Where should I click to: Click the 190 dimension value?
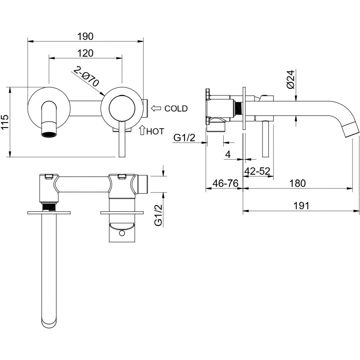click(x=85, y=36)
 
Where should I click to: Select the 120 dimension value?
click(x=85, y=53)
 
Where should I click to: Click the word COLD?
click(x=176, y=108)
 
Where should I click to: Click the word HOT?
click(x=155, y=131)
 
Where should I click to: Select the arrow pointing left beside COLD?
click(x=156, y=108)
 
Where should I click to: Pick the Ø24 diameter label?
click(x=291, y=79)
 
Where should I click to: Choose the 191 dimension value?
click(x=301, y=206)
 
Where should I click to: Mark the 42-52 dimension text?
click(x=257, y=171)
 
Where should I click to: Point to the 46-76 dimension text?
click(x=225, y=184)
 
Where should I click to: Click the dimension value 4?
click(x=228, y=155)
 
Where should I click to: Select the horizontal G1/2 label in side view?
click(x=184, y=138)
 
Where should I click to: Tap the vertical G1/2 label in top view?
click(x=158, y=215)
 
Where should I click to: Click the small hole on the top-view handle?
click(x=121, y=234)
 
